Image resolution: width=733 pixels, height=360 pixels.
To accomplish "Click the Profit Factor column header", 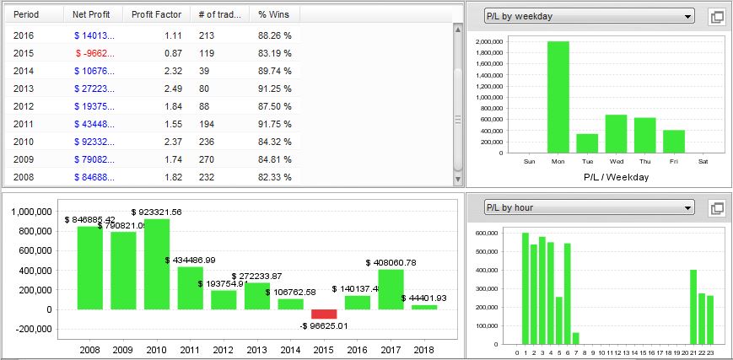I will (x=156, y=14).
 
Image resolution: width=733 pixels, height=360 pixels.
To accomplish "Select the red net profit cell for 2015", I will (x=94, y=53).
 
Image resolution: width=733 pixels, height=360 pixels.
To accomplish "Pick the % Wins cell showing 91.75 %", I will (x=275, y=124).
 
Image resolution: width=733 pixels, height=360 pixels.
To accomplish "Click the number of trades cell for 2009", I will (x=208, y=159).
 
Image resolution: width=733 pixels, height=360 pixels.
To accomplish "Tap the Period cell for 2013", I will (x=24, y=89).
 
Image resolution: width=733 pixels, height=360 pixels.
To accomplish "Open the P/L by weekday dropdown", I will (x=589, y=16).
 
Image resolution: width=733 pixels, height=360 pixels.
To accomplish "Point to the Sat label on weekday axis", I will (x=703, y=161).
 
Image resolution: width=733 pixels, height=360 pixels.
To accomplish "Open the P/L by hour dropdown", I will (x=589, y=207).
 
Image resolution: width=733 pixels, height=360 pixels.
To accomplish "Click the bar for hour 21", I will (x=693, y=307).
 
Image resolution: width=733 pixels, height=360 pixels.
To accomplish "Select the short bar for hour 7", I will (x=576, y=338).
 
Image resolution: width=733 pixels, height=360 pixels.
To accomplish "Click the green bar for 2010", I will (x=157, y=264).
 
